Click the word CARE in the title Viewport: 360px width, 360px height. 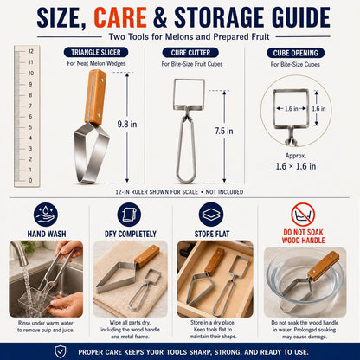tap(120, 17)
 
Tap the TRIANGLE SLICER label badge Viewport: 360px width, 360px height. tap(96, 53)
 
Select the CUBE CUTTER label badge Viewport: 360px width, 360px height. tap(190, 53)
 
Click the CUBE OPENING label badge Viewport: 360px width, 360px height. tap(295, 53)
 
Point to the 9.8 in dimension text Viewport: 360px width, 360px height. tap(127, 125)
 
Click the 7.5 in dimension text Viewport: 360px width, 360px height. tap(224, 131)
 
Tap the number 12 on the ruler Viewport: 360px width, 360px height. tap(31, 51)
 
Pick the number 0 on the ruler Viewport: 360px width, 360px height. tap(30, 181)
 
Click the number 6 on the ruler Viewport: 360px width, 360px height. tap(30, 117)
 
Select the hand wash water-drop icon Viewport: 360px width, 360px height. tap(46, 215)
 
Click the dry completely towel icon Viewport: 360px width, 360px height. tap(129, 215)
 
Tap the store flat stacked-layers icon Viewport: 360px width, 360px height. tap(211, 215)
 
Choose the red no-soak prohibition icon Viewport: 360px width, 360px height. tap(303, 215)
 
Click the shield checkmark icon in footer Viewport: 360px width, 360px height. tap(61, 351)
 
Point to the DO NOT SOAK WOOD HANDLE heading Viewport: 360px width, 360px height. tap(304, 236)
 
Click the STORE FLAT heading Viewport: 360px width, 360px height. tap(212, 234)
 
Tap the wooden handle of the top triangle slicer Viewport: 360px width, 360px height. tap(95, 97)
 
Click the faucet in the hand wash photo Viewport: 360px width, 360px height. tap(21, 252)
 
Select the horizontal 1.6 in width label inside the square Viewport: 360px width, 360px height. tap(292, 109)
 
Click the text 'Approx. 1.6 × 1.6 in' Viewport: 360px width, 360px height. tap(296, 162)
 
